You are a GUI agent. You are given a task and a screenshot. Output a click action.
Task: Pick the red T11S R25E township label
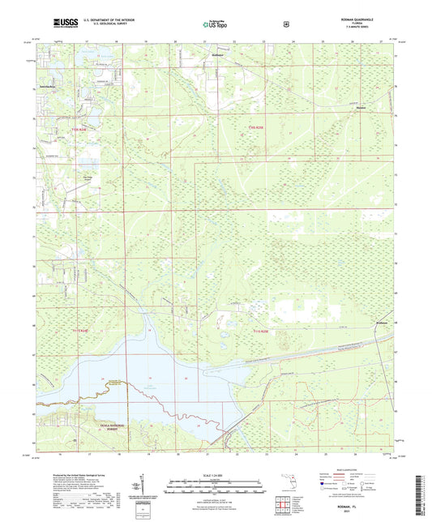pyautogui.click(x=259, y=332)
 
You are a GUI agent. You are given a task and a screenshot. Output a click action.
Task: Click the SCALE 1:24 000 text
pyautogui.click(x=216, y=474)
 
